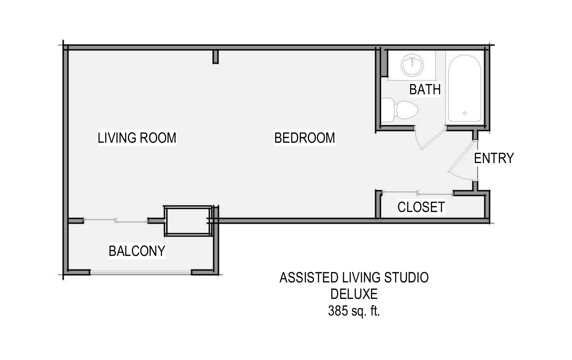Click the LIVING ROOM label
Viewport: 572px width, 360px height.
coord(137,138)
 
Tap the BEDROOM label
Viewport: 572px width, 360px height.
coord(305,138)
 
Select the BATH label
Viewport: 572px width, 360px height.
coord(425,89)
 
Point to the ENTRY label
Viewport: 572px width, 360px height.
coord(494,158)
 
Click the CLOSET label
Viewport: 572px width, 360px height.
coord(421,207)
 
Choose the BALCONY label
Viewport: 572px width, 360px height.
coord(137,251)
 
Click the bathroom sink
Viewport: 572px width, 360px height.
coord(412,65)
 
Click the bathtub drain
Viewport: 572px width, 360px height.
coord(465,113)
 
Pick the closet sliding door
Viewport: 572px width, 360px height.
coord(418,193)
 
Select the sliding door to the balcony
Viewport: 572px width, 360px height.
coord(116,220)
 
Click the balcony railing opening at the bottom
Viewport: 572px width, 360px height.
coord(140,273)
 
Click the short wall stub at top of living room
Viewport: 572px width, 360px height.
coord(216,57)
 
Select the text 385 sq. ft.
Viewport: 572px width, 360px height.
coord(354,311)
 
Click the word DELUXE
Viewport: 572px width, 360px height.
coord(354,294)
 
